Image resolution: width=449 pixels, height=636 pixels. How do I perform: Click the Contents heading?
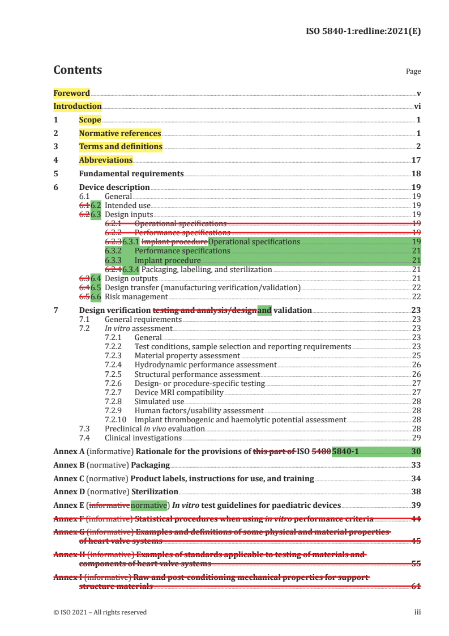[78, 70]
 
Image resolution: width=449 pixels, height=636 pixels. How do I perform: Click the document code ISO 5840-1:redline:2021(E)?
[363, 32]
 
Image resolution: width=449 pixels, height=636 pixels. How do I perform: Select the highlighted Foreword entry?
[71, 93]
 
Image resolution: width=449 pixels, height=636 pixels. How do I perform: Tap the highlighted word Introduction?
[78, 106]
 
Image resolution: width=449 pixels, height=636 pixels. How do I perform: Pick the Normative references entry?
[120, 133]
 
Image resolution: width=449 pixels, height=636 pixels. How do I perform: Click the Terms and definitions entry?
[121, 146]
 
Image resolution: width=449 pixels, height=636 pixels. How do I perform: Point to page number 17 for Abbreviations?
[416, 160]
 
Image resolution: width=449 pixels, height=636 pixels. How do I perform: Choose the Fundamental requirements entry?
[131, 173]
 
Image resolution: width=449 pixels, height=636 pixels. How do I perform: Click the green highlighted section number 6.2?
[96, 205]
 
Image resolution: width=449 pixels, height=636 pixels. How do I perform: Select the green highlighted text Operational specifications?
[254, 241]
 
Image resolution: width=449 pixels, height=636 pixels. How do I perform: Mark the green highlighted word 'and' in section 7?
[264, 310]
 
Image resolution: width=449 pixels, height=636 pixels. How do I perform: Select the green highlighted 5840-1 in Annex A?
[345, 452]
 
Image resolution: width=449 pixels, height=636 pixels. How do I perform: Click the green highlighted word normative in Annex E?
[148, 505]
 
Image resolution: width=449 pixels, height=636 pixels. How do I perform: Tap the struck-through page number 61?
[416, 586]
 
